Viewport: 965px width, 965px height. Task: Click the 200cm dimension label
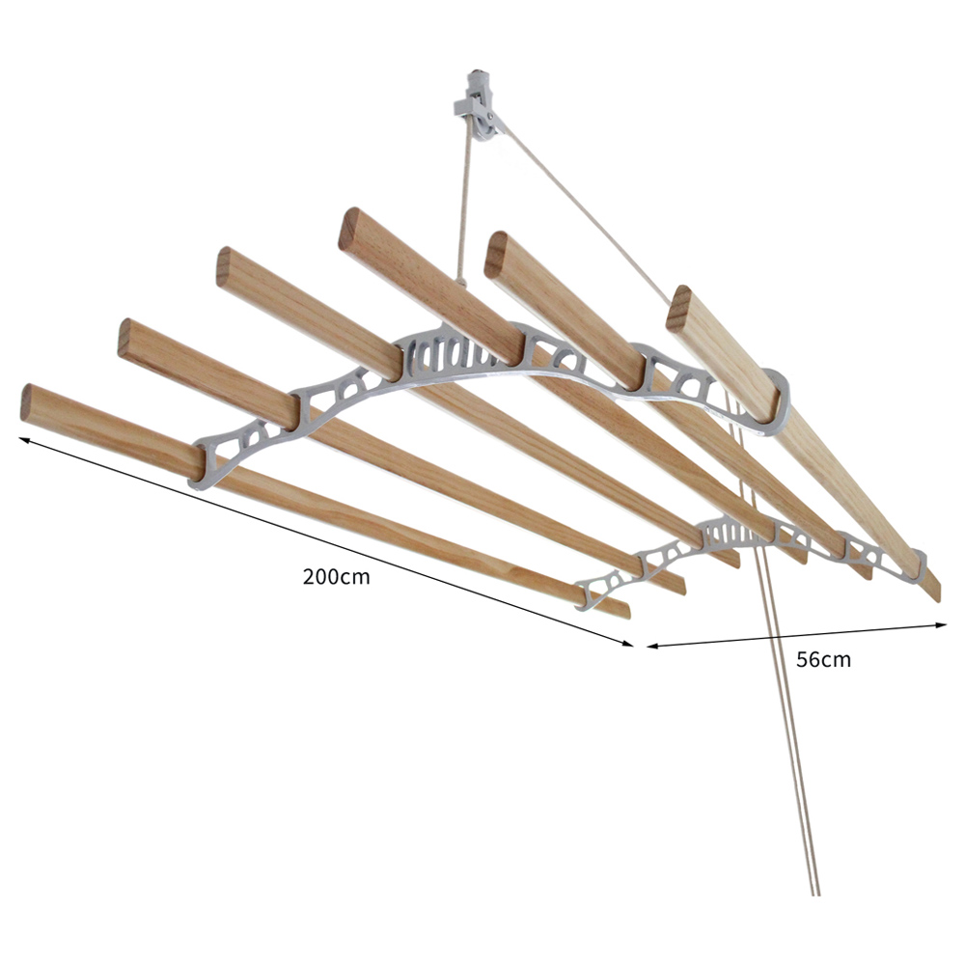coord(336,577)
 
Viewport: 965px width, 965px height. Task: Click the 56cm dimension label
coord(823,660)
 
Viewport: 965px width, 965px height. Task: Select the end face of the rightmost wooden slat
coord(679,305)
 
